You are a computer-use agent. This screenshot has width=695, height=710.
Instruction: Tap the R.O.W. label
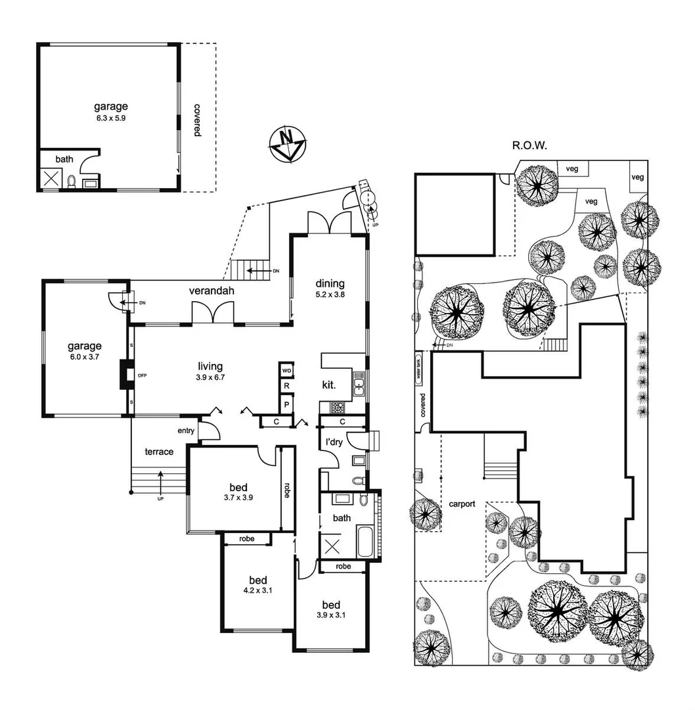pyautogui.click(x=530, y=145)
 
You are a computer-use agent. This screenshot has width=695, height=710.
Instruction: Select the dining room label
pyautogui.click(x=329, y=283)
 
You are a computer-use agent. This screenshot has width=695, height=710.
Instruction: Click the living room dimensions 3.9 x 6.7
pyautogui.click(x=211, y=377)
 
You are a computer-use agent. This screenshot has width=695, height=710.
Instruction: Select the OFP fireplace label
pyautogui.click(x=143, y=375)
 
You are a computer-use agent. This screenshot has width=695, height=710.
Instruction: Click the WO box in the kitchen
pyautogui.click(x=286, y=370)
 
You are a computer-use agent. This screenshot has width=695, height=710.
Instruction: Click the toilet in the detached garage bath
pyautogui.click(x=72, y=181)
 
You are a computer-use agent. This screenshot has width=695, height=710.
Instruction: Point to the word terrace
pyautogui.click(x=159, y=452)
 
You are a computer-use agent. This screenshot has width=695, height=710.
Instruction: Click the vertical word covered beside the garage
pyautogui.click(x=197, y=119)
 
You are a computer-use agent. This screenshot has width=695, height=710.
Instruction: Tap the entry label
pyautogui.click(x=187, y=431)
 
